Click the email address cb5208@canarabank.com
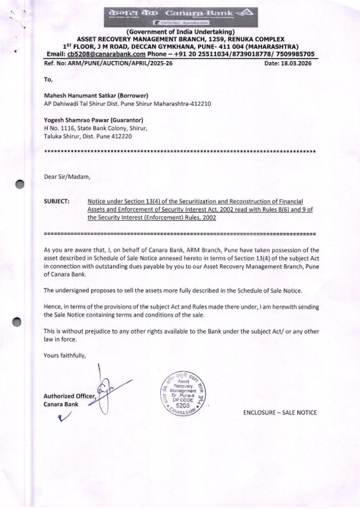[x=106, y=54]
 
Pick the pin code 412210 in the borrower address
[x=202, y=104]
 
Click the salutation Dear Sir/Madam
[x=67, y=177]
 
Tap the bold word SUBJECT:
[x=57, y=201]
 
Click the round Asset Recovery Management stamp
[x=182, y=393]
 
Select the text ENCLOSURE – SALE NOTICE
[x=280, y=412]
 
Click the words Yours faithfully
[x=65, y=356]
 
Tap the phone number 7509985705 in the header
[x=298, y=54]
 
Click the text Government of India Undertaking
[x=180, y=33]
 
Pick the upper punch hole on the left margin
[x=20, y=184]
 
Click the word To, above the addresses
[x=48, y=80]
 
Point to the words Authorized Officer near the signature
[x=69, y=396]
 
